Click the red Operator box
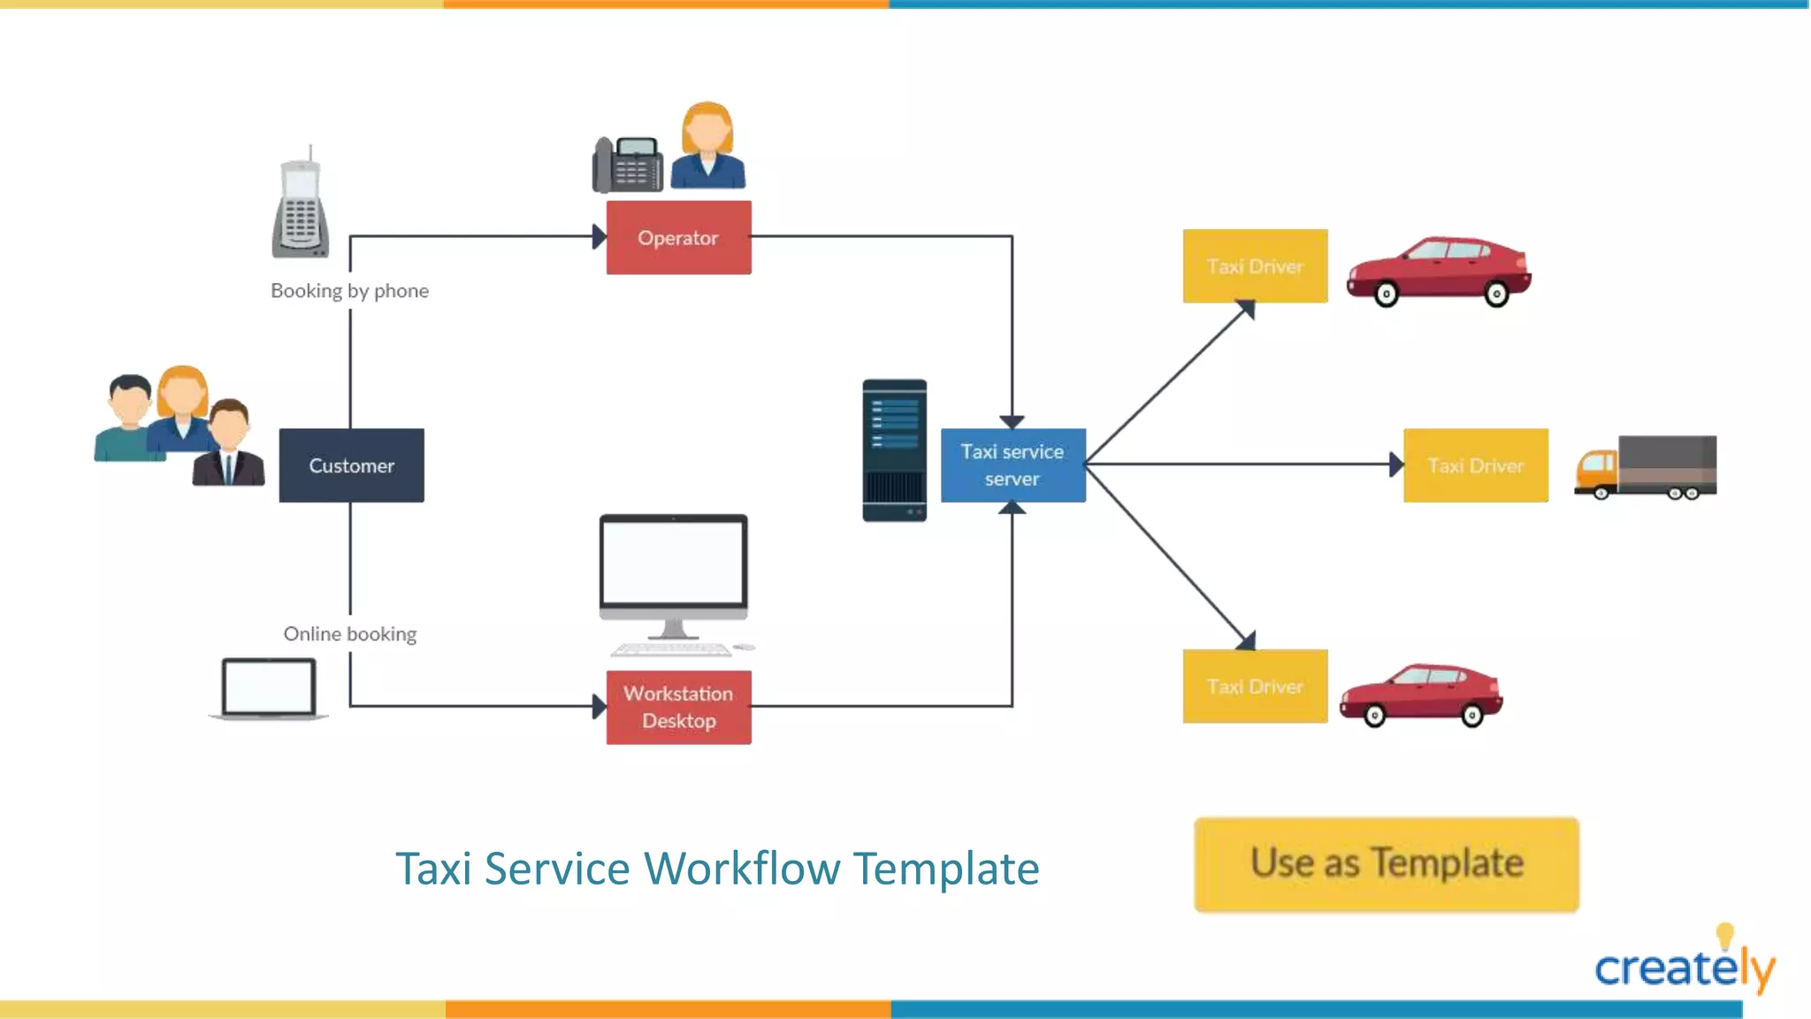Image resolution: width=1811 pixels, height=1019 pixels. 678,237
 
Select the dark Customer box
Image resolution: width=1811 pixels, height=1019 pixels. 351,465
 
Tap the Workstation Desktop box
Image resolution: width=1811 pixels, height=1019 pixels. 678,707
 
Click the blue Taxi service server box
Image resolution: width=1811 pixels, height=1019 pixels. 1012,465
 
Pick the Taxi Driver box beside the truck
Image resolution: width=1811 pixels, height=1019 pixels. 1475,465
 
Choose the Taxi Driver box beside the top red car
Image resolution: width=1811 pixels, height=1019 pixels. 1255,266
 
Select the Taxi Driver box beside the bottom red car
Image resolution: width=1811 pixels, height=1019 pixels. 1255,686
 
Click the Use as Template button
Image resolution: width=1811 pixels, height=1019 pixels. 1386,864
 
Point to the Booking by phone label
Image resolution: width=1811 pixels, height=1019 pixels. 349,291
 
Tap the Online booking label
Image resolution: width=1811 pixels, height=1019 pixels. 349,634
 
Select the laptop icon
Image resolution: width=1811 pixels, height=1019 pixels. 269,688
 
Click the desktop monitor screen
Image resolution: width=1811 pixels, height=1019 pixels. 673,561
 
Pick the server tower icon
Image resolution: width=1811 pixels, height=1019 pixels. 894,450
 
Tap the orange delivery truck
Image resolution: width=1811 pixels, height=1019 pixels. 1646,466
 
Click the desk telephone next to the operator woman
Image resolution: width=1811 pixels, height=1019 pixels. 628,165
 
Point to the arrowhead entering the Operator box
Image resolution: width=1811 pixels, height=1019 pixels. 599,236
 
